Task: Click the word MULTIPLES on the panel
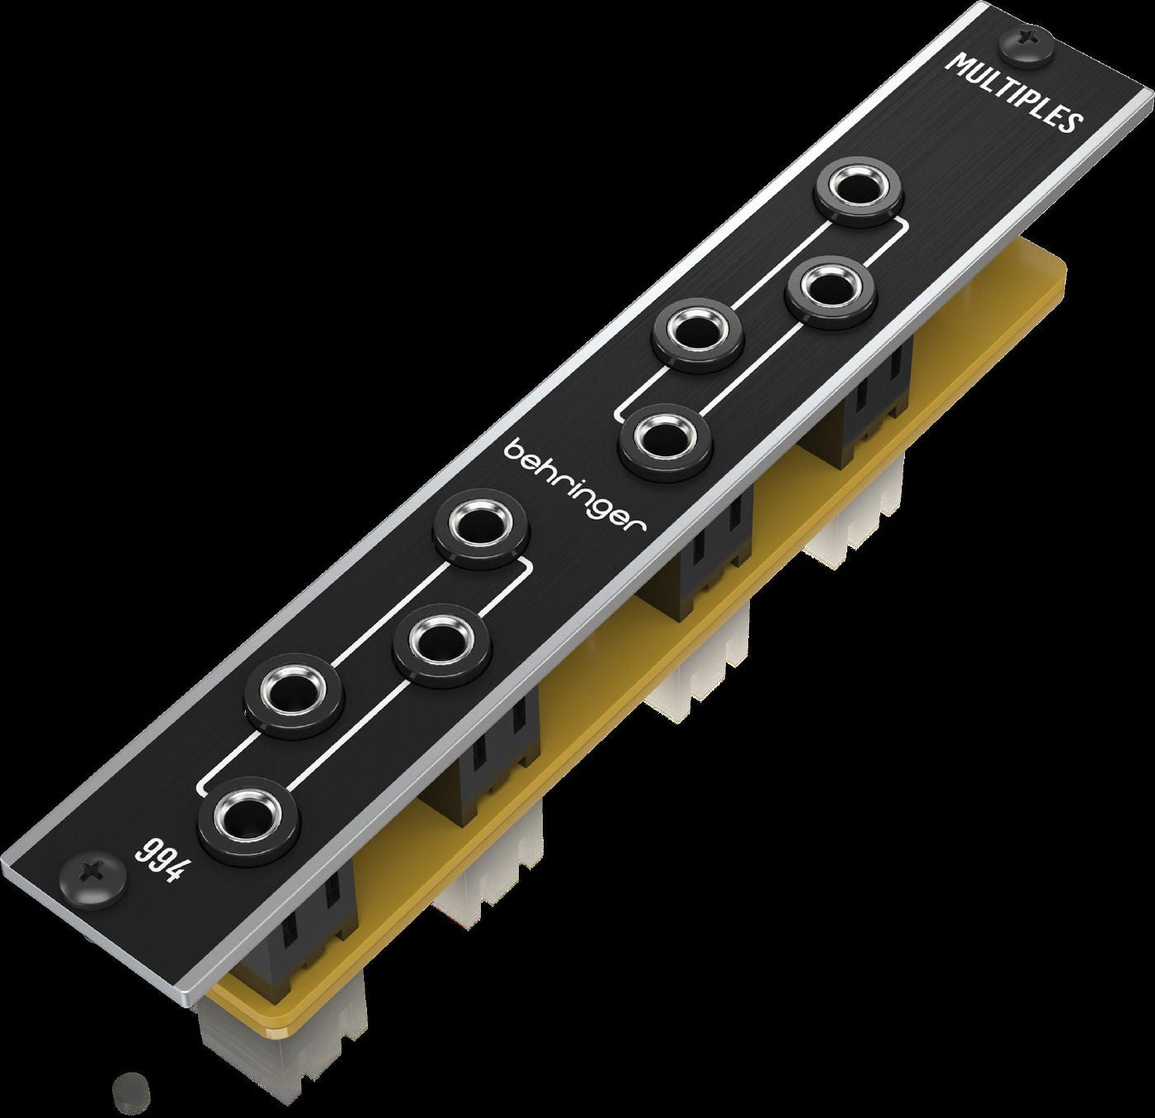[1014, 91]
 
